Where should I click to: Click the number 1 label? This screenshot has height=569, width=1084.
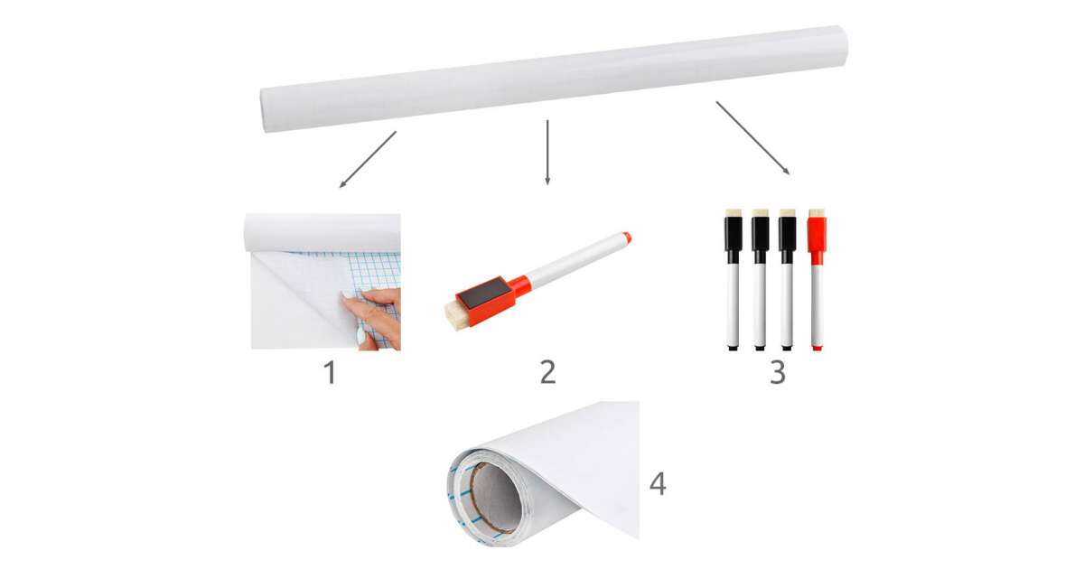tap(331, 372)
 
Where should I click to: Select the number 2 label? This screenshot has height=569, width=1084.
tap(547, 372)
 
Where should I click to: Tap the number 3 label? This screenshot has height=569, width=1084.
tap(778, 372)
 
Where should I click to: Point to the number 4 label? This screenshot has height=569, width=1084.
tap(658, 484)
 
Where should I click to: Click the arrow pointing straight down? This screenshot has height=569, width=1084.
tap(547, 152)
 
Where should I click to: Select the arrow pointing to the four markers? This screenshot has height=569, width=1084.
tap(753, 137)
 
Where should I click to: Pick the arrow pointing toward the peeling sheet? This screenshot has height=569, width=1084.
tap(368, 159)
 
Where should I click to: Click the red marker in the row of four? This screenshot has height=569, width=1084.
tap(817, 280)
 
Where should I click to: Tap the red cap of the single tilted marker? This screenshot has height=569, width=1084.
tap(627, 238)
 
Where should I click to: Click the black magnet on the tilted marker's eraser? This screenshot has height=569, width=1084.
tap(485, 294)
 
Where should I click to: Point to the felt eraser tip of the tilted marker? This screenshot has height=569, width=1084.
tap(456, 317)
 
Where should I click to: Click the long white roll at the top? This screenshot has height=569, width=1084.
tap(554, 79)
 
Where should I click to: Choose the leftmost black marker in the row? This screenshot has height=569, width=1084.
tap(734, 280)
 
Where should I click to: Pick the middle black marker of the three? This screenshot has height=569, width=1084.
tap(761, 280)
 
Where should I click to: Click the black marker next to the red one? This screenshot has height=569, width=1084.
tap(788, 280)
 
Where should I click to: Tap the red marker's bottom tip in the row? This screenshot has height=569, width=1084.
tap(818, 348)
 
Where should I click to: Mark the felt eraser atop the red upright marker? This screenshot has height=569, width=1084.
tap(817, 213)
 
